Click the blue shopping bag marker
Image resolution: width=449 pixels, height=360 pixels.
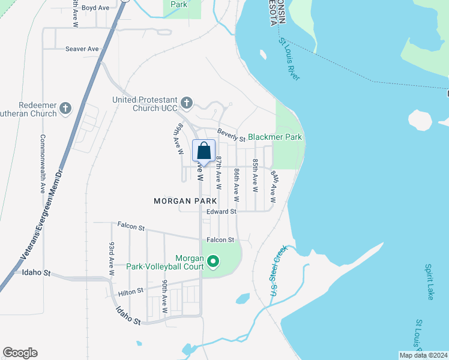click(204, 151)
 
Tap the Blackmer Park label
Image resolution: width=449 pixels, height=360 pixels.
click(275, 137)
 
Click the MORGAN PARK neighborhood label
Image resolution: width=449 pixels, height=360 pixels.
click(185, 201)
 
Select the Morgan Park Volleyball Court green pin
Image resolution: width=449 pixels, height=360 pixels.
click(213, 261)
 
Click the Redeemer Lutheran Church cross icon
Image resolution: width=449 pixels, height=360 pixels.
click(65, 109)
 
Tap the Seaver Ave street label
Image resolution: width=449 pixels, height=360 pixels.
click(82, 49)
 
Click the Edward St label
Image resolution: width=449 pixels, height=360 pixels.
click(221, 211)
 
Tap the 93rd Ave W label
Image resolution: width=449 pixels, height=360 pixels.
click(111, 259)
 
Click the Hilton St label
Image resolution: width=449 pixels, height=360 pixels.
click(131, 291)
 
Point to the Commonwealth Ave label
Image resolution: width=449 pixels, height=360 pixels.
click(43, 163)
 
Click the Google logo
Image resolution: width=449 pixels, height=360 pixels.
click(20, 353)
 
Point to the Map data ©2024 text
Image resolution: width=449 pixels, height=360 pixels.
click(423, 355)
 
